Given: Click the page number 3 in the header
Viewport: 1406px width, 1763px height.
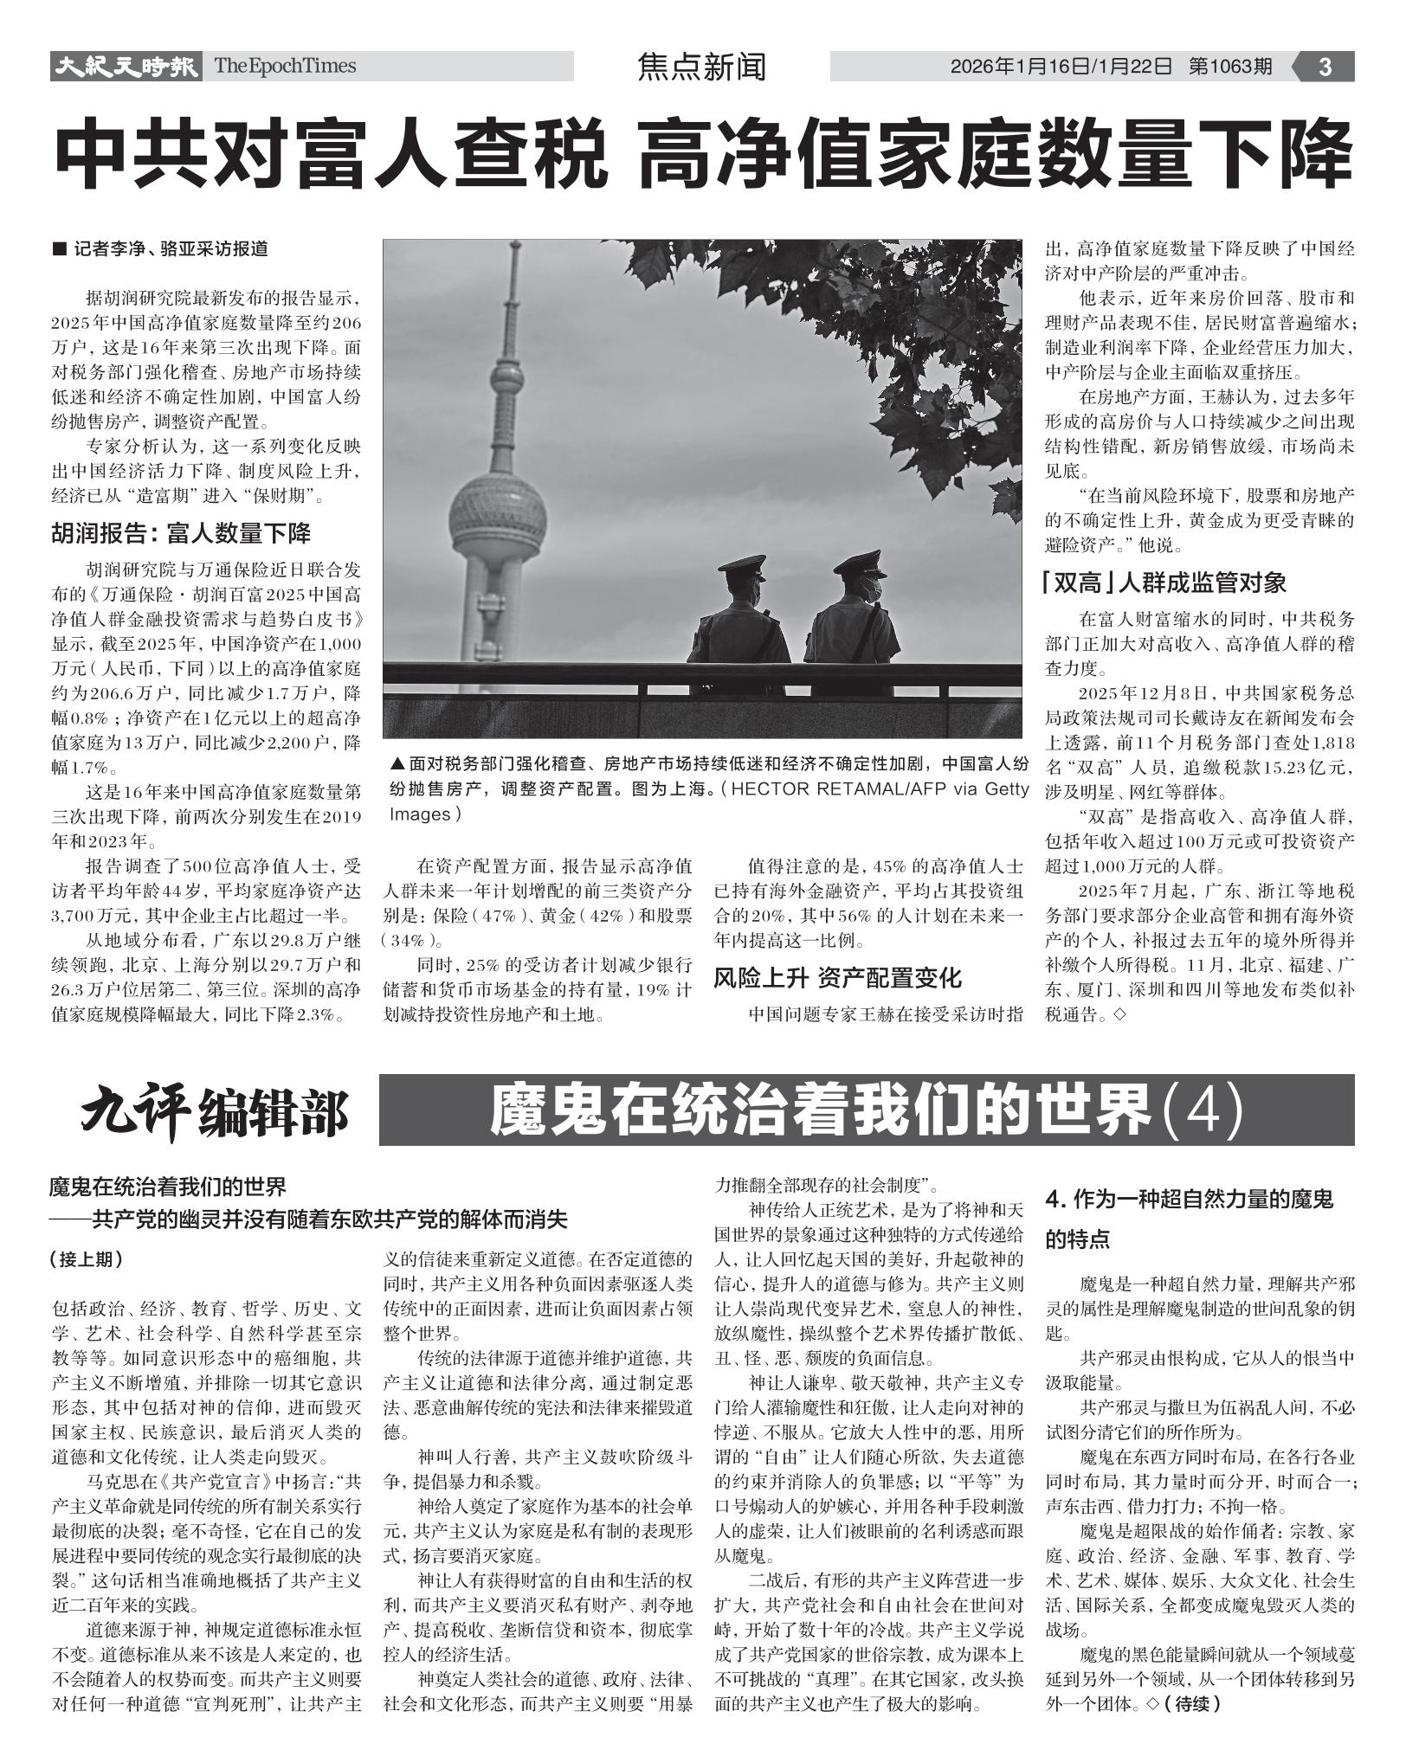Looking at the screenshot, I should [1325, 67].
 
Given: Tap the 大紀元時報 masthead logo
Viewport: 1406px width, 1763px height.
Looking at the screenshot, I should [126, 67].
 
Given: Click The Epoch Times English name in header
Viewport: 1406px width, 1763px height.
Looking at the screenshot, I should [285, 67].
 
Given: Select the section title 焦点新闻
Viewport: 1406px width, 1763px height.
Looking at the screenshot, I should [701, 67].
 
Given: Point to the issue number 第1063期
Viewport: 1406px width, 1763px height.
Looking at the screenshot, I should [1230, 67].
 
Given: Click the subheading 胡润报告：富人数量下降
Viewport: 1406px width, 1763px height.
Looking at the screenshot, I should [181, 533].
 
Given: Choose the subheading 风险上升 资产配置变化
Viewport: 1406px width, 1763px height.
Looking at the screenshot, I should [837, 978].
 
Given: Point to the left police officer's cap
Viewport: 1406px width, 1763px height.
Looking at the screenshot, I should [743, 567].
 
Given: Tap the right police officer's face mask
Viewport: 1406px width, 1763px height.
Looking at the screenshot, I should [872, 589].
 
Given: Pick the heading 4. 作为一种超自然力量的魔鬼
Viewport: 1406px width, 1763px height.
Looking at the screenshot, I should [1190, 1199].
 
